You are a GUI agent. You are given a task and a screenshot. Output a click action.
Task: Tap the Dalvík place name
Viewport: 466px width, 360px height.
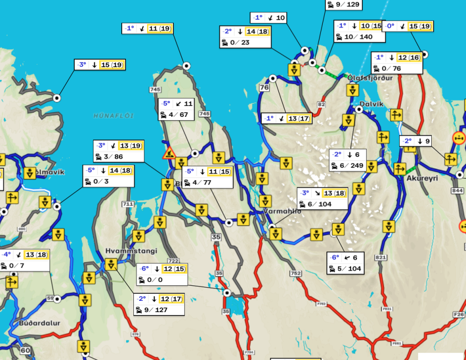371,104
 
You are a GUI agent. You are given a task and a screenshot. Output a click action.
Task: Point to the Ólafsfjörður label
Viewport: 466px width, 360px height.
370,78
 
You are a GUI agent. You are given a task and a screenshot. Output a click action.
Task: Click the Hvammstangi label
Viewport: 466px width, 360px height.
131,251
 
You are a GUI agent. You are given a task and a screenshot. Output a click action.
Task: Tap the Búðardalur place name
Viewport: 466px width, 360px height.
34,324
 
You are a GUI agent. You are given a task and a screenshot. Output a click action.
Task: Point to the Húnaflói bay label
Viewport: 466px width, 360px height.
113,115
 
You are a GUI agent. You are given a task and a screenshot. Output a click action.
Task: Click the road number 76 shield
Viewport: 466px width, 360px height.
264,87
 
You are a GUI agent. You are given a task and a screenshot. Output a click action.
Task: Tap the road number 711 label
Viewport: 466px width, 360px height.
127,204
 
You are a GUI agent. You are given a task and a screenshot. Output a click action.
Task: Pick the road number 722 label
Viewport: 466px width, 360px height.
173,261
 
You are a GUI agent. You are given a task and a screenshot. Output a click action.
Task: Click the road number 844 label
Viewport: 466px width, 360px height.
457,190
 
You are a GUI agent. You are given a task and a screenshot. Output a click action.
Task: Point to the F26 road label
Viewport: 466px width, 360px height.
459,314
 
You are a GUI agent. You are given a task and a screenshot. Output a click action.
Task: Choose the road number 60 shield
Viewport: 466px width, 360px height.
25,350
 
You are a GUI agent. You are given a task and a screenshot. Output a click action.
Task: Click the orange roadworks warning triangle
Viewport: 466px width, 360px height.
169,153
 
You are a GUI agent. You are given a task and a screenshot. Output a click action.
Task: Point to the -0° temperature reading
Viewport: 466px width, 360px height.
389,26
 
